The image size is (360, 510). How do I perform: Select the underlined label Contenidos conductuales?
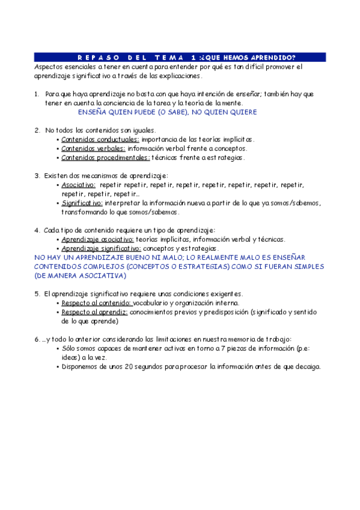tap(100, 139)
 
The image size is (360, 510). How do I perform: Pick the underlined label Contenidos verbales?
tap(93, 148)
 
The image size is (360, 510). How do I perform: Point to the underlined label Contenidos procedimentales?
tap(106, 158)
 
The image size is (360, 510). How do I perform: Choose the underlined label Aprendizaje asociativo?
tap(97, 239)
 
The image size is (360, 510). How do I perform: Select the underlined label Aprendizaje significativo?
tap(101, 248)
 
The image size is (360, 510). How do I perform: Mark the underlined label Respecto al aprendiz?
tap(94, 312)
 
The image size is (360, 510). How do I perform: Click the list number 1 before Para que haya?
tap(37, 94)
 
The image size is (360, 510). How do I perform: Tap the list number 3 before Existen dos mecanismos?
tap(37, 176)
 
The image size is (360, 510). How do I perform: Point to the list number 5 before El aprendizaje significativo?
tap(37, 293)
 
